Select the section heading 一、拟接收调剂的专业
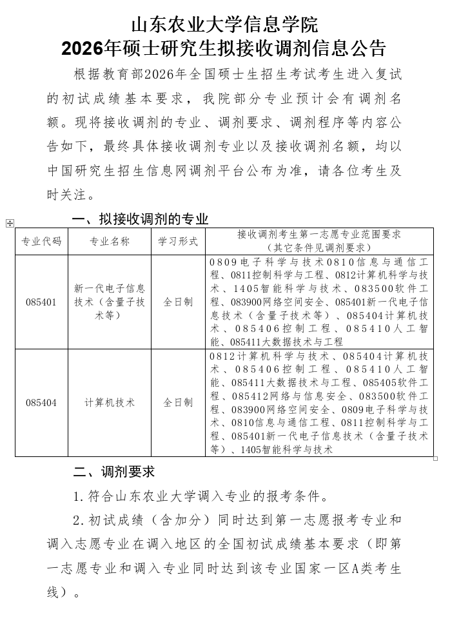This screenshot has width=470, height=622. click(x=140, y=219)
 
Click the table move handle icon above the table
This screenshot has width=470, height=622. click(x=10, y=223)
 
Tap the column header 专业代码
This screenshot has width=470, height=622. click(x=41, y=242)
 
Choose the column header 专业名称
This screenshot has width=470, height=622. click(x=110, y=242)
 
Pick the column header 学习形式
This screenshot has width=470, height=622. click(x=178, y=242)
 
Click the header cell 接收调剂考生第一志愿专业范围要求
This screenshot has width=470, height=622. click(x=319, y=235)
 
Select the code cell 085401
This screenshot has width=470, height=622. click(x=41, y=302)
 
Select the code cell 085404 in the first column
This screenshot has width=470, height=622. click(x=41, y=403)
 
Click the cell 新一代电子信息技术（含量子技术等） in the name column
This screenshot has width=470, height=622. click(x=110, y=302)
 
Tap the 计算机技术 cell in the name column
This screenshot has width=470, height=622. click(x=110, y=403)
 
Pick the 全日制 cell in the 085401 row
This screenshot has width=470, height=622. click(x=178, y=302)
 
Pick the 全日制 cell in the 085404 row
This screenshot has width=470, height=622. click(x=178, y=403)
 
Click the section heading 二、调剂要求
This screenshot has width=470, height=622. click(x=113, y=472)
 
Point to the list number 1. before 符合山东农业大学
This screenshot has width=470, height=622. click(x=78, y=497)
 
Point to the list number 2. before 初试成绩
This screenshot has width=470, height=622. click(x=78, y=520)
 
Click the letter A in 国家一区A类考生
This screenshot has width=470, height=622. click(x=342, y=569)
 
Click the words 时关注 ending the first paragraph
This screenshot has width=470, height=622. click(x=68, y=195)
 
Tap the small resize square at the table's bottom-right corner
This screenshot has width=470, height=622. click(x=436, y=459)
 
